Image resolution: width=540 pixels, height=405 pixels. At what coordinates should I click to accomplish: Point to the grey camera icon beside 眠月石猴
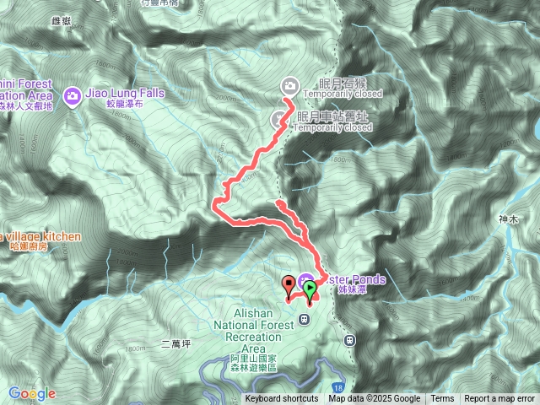290,84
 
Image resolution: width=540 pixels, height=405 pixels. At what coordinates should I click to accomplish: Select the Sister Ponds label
355,280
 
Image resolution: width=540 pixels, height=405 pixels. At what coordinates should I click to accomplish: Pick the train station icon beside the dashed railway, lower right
349,340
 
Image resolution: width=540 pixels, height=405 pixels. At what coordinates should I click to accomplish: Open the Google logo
32,393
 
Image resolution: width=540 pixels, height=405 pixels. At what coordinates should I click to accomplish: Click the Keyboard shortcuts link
282,399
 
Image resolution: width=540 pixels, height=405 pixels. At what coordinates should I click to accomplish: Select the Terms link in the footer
442,399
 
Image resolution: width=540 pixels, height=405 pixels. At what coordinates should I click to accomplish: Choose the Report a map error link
499,399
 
